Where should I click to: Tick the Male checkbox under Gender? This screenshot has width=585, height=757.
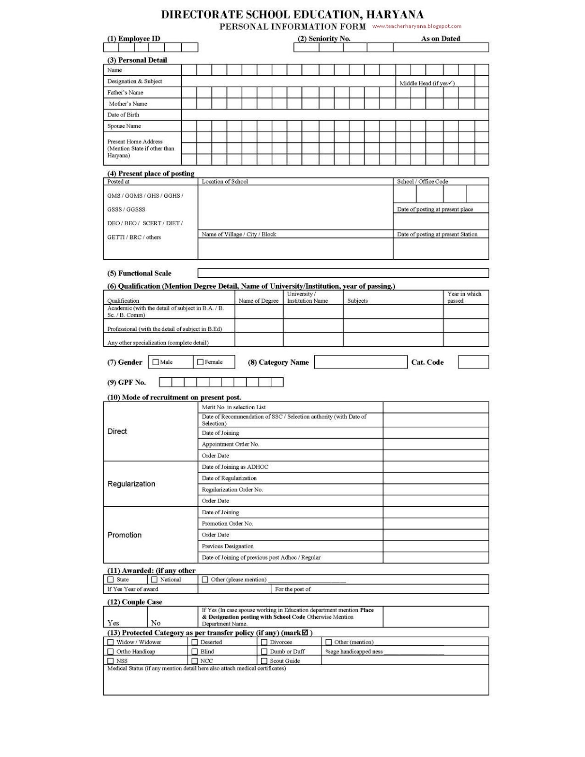coord(156,362)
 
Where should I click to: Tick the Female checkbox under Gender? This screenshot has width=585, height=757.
coord(200,362)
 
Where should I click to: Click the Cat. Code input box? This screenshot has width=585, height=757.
coord(473,362)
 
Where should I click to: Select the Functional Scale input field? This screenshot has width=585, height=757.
coord(343,273)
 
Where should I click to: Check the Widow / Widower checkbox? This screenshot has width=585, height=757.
coord(111,643)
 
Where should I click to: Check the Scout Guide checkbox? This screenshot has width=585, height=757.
coord(264,661)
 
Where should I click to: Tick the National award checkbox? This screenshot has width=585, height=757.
coord(154,580)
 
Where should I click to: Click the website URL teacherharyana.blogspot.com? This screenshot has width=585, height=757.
coord(417,26)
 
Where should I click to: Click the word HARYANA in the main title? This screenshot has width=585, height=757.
coord(395,15)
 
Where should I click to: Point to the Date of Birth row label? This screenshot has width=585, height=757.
coord(123,115)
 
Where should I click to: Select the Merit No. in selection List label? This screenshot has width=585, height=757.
coord(234,407)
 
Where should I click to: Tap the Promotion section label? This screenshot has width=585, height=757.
coord(124,535)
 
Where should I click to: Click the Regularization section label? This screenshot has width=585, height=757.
coord(131,484)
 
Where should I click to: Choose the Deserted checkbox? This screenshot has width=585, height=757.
coord(195,643)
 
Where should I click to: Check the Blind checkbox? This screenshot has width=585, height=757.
coord(195,651)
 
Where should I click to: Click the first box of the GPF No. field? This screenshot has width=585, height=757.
coord(165,382)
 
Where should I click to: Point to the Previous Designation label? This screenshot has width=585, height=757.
coord(228,546)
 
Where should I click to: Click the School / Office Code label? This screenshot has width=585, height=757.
coord(422,182)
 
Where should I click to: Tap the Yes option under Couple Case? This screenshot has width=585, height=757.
coord(113,623)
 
